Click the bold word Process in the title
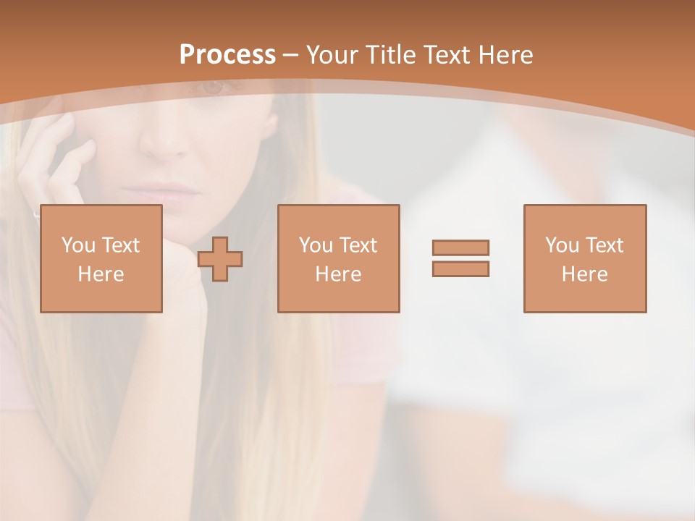pyautogui.click(x=227, y=55)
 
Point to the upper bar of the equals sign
pyautogui.click(x=460, y=247)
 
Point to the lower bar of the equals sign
pyautogui.click(x=460, y=268)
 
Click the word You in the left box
pyautogui.click(x=78, y=245)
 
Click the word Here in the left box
pyautogui.click(x=101, y=274)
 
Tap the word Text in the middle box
pyautogui.click(x=359, y=245)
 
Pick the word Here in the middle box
pyautogui.click(x=338, y=274)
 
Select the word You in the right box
pyautogui.click(x=562, y=245)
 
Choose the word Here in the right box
pyautogui.click(x=584, y=274)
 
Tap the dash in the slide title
pyautogui.click(x=290, y=55)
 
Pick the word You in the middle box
pyautogui.click(x=316, y=245)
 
